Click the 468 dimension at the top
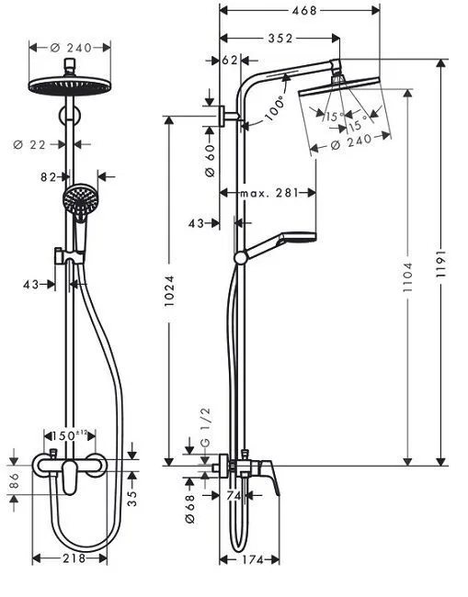[299, 11]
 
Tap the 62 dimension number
[230, 61]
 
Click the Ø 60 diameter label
[210, 148]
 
